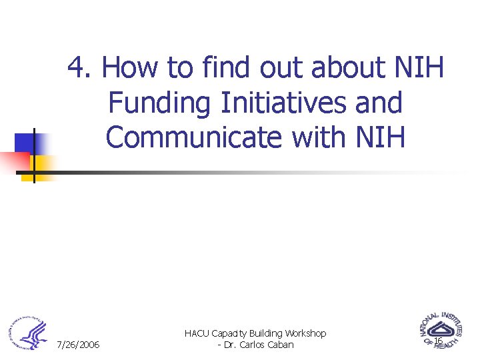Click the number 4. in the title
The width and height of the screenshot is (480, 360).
(x=83, y=69)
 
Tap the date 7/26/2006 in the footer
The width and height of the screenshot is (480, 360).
(x=79, y=345)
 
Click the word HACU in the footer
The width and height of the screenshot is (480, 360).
(x=197, y=333)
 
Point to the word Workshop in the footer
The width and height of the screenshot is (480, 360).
(x=304, y=333)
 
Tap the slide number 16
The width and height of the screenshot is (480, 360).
(x=438, y=341)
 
